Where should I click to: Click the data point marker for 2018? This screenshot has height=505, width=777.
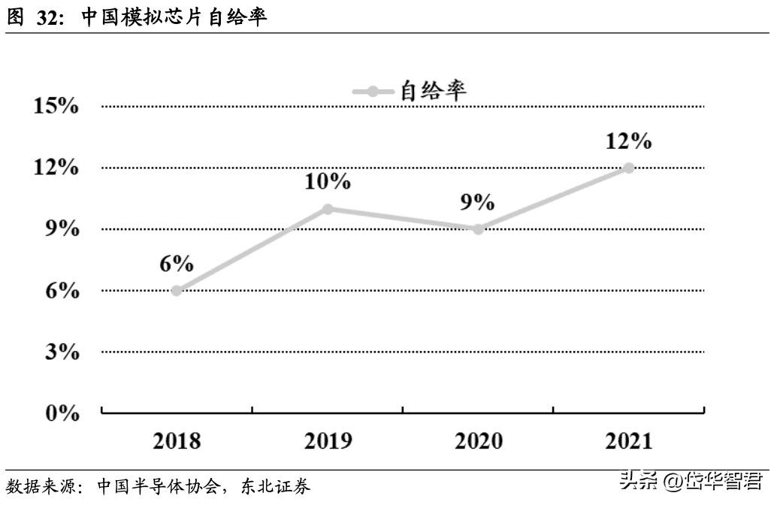pos(177,291)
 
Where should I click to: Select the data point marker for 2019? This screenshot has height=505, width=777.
pos(328,209)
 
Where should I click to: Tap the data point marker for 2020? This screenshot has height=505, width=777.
pos(478,229)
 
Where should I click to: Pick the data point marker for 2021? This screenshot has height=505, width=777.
pos(629,168)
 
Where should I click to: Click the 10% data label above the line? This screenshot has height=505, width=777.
pos(328,181)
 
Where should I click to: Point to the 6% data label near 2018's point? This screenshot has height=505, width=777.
pos(177,264)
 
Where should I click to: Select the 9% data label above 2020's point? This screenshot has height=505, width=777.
pos(478,202)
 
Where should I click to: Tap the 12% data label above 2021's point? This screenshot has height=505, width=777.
pos(629,141)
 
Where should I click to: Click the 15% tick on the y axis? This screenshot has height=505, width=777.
pos(57,106)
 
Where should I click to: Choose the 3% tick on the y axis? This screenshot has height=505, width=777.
pos(62,352)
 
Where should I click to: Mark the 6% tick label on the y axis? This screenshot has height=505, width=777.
pos(62,291)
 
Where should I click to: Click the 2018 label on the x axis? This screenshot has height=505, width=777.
pos(177,440)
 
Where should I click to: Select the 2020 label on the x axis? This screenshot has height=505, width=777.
pos(478,440)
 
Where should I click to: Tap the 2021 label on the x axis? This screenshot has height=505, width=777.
pos(629,440)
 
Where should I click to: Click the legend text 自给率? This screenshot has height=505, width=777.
pos(434,91)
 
